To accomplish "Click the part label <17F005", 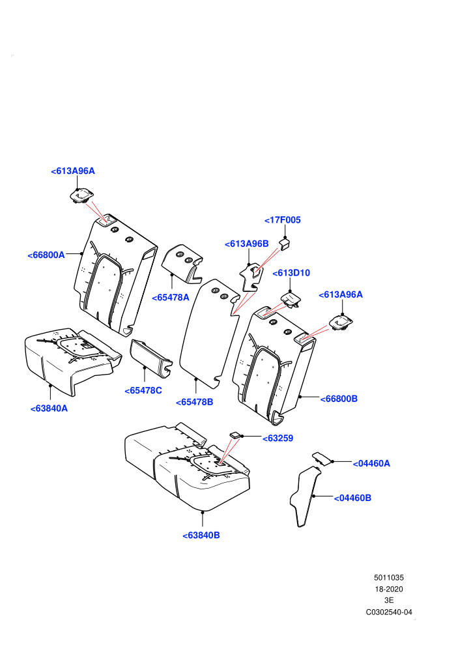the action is pos(283,220).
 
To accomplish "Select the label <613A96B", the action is pos(247,244).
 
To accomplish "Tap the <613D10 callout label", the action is pos(291,273).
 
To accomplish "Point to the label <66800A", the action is pos(46,255).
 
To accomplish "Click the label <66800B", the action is pos(339,399).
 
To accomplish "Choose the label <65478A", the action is pos(171,297).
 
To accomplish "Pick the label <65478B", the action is pos(195,402).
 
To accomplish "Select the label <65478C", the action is pos(143,390).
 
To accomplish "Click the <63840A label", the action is pos(49,408).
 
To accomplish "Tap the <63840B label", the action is pos(201,535).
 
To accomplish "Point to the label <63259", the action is pos(278,438).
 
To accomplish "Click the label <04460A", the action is pos(371,464).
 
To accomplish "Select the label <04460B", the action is pos(352,498).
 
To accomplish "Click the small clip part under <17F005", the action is pos(285,244).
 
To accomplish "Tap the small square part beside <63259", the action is pos(235,435).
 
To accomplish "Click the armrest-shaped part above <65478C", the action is pos(150,356).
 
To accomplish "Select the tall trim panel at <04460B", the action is pos(305,496).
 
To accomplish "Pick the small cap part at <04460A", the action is pos(322,458).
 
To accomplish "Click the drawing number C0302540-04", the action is pos(389,612).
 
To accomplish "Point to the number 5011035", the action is pos(389,577).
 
